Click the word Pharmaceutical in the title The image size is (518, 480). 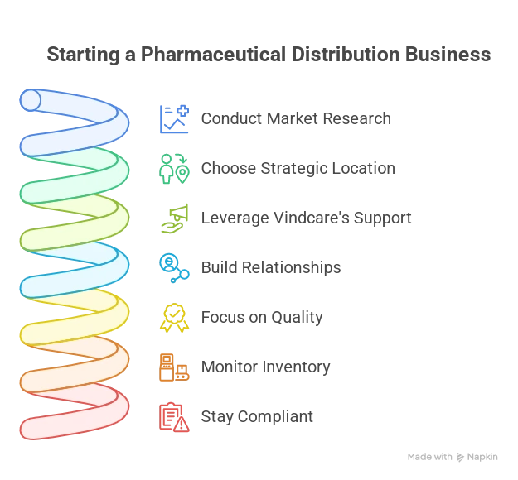[x=213, y=54]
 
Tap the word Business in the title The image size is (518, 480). [x=448, y=54]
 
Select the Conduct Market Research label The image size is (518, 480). [x=296, y=118]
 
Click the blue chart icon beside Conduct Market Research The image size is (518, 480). [x=174, y=119]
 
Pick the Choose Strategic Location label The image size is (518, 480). [x=298, y=168]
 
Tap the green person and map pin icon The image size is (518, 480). [x=174, y=169]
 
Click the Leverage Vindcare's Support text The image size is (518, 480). [x=306, y=218]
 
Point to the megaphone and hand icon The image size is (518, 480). [x=174, y=218]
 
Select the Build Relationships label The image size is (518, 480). [x=271, y=267]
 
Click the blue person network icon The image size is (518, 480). [x=174, y=268]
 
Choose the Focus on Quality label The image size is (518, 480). [x=262, y=317]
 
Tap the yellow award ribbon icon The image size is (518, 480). [x=174, y=318]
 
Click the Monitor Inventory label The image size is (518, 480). [x=265, y=367]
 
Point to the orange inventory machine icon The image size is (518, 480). [x=174, y=367]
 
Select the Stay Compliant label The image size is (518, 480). [x=257, y=416]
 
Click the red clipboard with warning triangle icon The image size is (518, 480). [x=174, y=417]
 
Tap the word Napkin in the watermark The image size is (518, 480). [x=482, y=457]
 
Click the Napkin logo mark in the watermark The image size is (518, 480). [x=460, y=457]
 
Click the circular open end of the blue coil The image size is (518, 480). [x=31, y=100]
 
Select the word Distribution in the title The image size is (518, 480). [x=346, y=54]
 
